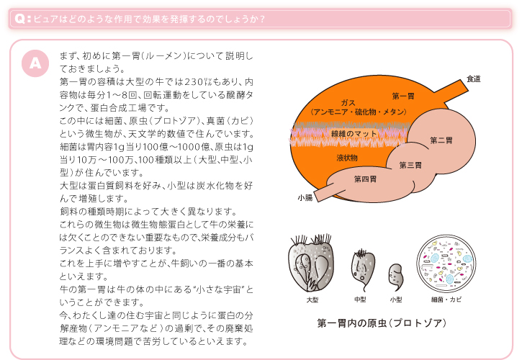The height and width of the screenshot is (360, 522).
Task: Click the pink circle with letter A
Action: pos(35,63)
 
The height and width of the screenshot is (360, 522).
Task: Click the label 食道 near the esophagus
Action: pos(473,78)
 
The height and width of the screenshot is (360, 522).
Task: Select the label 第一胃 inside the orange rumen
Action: pos(403,96)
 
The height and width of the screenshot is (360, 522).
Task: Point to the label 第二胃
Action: pos(441,140)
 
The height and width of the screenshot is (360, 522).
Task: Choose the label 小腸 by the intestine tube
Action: pos(304,197)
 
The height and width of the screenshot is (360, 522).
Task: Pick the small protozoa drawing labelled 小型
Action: pos(395,275)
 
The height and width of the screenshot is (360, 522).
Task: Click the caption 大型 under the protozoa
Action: pos(312,299)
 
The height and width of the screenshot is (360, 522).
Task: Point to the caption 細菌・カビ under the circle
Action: pos(446,299)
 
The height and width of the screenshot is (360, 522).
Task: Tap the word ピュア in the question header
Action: pos(45,19)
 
